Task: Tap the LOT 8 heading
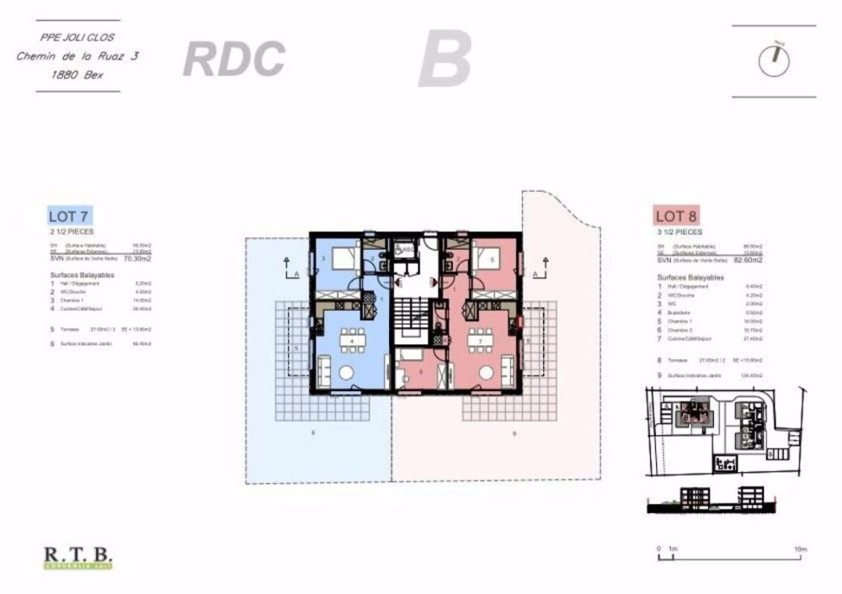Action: (x=676, y=215)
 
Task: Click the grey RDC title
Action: (x=233, y=59)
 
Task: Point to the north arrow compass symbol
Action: (x=774, y=60)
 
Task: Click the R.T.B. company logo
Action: (x=77, y=557)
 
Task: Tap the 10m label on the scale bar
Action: (x=799, y=549)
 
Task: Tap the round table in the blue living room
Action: (x=345, y=373)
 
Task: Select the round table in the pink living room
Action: (x=485, y=373)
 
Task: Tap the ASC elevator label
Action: (x=407, y=250)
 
